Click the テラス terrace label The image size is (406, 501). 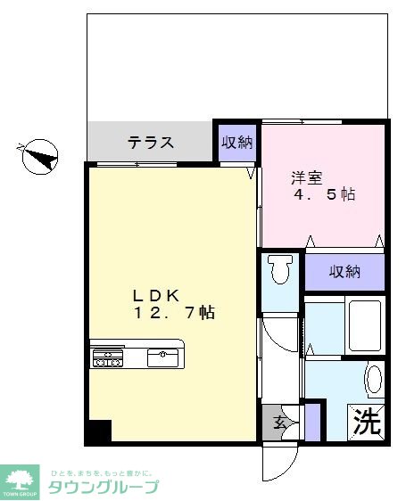coord(149,143)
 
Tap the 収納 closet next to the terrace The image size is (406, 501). coord(237,143)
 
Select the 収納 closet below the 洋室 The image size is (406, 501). coord(344,271)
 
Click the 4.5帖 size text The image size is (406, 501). coord(326,194)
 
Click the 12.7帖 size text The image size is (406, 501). coord(174,313)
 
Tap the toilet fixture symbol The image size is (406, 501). coord(280,268)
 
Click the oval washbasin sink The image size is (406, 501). coord(374,380)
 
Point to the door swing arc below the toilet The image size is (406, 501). coord(279,334)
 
